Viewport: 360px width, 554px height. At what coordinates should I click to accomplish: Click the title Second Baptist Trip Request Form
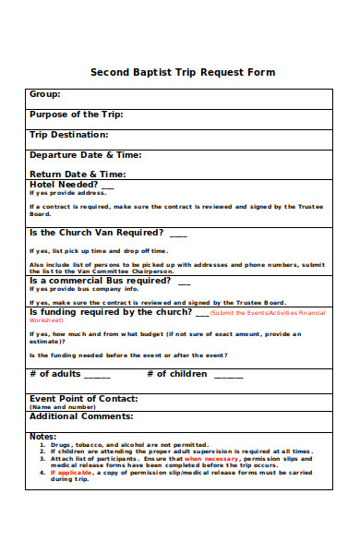click(182, 72)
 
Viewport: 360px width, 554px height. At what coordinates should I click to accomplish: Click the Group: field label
click(45, 94)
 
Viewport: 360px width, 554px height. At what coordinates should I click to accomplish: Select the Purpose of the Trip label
click(77, 114)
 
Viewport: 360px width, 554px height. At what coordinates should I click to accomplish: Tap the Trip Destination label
click(69, 135)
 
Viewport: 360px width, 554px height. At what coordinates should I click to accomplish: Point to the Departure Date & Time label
click(86, 155)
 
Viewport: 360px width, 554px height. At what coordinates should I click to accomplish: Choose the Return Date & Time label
click(78, 174)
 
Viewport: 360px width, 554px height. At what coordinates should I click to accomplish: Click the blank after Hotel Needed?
click(108, 185)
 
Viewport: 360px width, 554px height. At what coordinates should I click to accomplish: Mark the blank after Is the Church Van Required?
click(178, 234)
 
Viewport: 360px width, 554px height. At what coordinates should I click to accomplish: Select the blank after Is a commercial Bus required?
click(184, 281)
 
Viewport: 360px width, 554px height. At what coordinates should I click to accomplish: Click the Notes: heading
click(43, 436)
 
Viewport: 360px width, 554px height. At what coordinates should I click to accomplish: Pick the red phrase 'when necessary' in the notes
click(212, 458)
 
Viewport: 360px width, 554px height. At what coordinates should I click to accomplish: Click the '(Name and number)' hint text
click(63, 406)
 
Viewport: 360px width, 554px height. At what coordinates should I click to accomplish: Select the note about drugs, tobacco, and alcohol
click(129, 444)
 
